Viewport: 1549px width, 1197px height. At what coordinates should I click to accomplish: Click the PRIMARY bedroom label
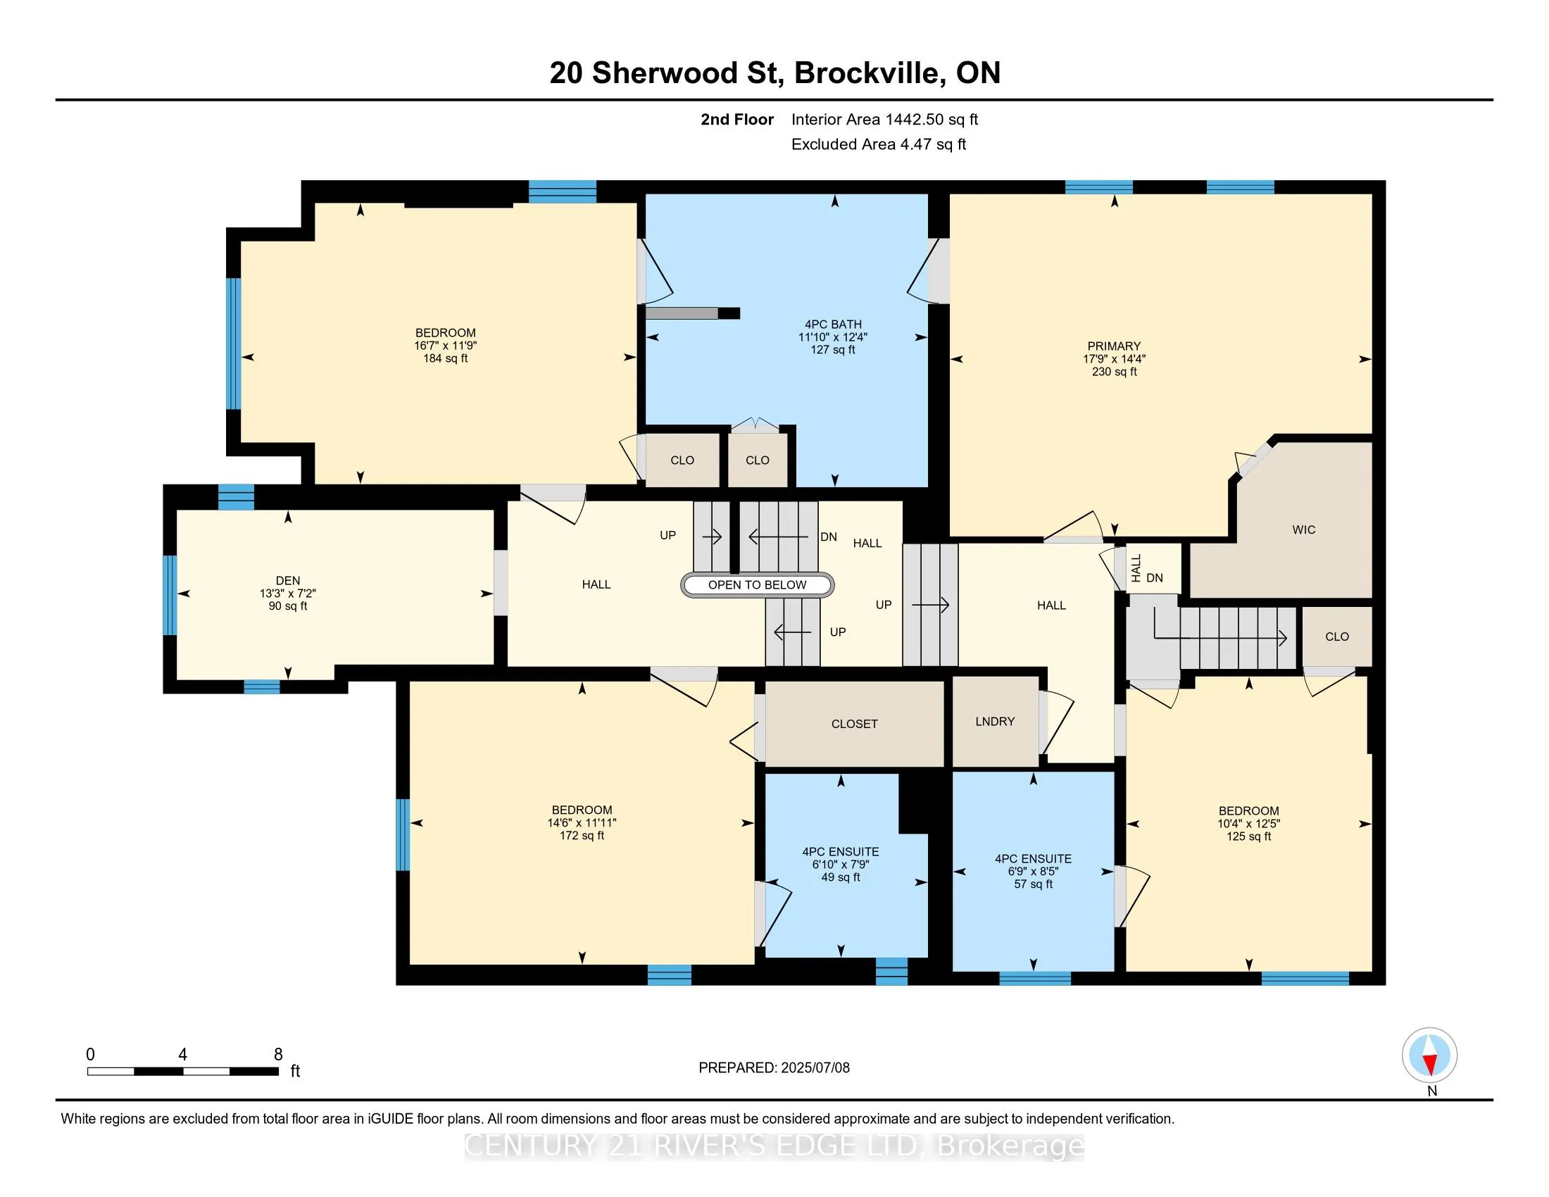[x=1114, y=346]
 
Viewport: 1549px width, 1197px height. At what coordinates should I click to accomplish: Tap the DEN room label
[x=288, y=580]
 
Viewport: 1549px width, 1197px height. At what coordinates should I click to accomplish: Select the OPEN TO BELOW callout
[x=757, y=585]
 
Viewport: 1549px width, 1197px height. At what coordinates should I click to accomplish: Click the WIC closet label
[x=1303, y=529]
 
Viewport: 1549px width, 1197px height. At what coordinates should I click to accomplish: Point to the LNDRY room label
[x=995, y=721]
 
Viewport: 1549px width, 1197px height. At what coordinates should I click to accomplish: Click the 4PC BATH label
[x=833, y=324]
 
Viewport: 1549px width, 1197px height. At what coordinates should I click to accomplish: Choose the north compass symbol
[x=1430, y=1056]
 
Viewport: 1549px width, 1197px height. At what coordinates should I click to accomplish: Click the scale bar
[x=183, y=1072]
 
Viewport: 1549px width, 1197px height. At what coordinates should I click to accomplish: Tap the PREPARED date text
[x=774, y=1068]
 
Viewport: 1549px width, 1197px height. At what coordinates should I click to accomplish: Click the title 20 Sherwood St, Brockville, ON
[x=774, y=73]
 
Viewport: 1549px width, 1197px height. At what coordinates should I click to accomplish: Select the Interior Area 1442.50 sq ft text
[x=884, y=119]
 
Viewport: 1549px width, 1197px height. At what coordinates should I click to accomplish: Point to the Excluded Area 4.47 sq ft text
[x=879, y=144]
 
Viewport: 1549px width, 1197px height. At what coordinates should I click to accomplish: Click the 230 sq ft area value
[x=1115, y=372]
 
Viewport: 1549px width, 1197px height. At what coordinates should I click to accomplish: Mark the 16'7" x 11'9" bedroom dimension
[x=446, y=345]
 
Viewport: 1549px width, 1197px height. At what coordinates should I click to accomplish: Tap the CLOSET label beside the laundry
[x=855, y=724]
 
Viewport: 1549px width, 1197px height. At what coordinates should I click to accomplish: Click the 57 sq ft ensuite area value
[x=1034, y=884]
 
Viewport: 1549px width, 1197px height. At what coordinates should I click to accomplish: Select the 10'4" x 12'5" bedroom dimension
[x=1248, y=823]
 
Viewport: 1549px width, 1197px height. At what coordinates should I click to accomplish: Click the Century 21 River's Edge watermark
[x=774, y=1146]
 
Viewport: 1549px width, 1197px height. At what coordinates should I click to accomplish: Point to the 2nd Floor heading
[x=737, y=119]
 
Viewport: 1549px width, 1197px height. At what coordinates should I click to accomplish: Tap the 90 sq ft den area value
[x=288, y=606]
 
